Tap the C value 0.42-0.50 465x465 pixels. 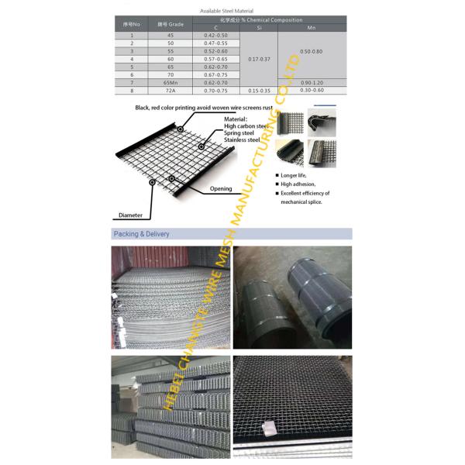(215, 36)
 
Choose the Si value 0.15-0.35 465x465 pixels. (258, 91)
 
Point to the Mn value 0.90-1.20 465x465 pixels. (312, 82)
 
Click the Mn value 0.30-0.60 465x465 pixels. (312, 91)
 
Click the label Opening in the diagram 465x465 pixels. (221, 189)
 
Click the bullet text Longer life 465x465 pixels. (295, 176)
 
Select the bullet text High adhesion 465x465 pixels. (298, 184)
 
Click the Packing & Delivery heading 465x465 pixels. (142, 233)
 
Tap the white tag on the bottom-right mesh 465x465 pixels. (268, 428)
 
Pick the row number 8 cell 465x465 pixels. (132, 91)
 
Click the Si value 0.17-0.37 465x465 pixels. (258, 59)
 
